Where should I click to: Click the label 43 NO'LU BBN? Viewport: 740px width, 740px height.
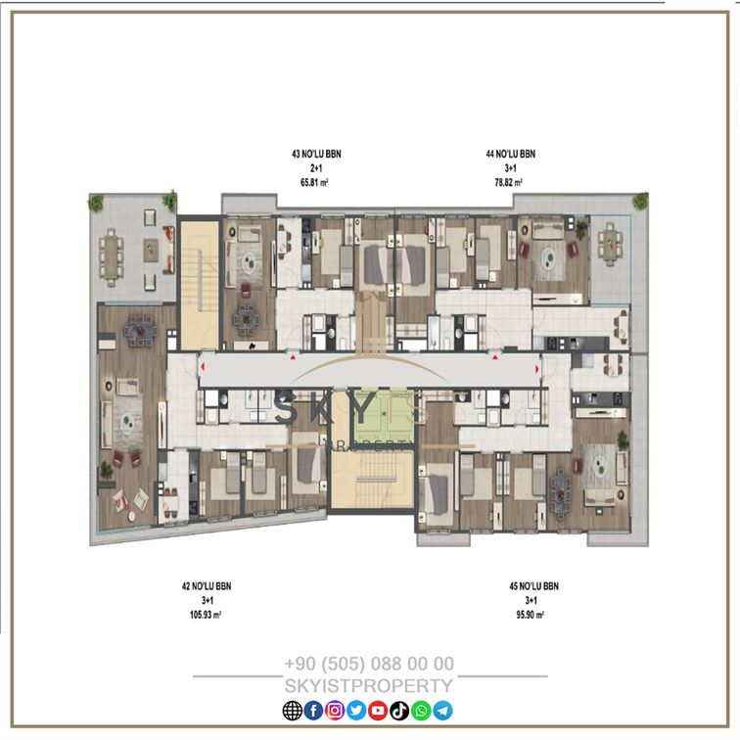tap(316, 154)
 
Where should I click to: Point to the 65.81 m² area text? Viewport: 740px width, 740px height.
tap(314, 182)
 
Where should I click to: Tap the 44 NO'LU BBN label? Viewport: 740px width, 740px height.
tap(511, 154)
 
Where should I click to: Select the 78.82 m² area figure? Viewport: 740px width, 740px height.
tap(508, 182)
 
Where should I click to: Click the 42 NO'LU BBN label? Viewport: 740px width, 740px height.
tap(207, 586)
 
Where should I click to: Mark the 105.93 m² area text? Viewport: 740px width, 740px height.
tap(206, 615)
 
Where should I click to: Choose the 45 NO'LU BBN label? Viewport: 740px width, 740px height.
tap(533, 586)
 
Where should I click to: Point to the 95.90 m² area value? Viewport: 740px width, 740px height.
tap(530, 615)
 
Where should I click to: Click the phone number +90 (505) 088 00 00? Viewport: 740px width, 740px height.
tap(369, 664)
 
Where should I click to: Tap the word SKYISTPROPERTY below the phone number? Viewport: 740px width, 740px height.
tap(369, 686)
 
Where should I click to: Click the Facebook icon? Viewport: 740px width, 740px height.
tap(313, 711)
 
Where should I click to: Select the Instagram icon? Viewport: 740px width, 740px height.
tap(335, 711)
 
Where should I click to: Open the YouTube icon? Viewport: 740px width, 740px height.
tap(378, 711)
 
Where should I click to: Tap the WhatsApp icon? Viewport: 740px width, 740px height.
tap(421, 711)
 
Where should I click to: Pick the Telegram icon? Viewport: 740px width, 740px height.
tap(442, 711)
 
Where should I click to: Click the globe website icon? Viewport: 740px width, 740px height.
tap(292, 711)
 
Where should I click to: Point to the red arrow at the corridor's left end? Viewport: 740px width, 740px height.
tap(203, 366)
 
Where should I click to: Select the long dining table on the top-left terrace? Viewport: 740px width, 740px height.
tap(112, 257)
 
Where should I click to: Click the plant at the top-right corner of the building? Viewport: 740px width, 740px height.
tap(640, 201)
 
